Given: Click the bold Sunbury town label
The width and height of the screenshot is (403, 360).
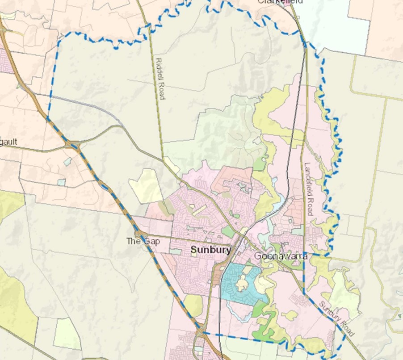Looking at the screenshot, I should pos(211,250).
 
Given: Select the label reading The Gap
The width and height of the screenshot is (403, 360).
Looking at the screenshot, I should pos(141,241).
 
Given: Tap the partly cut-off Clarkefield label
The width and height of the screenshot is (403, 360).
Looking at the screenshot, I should pos(280,2).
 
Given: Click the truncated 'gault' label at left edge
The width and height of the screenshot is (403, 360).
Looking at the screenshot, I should pos(8,142).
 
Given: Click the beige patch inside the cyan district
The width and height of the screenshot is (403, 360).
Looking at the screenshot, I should pos(243,282).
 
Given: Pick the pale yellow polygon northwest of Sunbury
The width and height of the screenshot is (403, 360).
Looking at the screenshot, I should pos(145,185).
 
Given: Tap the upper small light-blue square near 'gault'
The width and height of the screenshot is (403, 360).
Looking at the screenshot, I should pos(67,162).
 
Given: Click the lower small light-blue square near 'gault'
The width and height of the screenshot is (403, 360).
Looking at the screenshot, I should pos(61,182).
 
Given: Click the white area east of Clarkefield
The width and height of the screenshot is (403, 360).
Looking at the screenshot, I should pos(326,22).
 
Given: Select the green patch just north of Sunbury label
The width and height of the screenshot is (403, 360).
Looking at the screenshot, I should pos(228,231).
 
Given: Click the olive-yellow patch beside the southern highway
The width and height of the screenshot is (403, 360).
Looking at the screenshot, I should pos(193,306).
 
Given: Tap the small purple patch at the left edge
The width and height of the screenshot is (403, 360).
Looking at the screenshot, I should pos(4,60).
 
